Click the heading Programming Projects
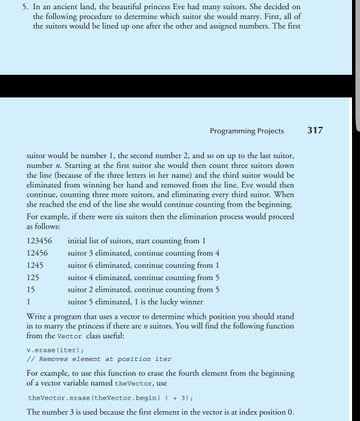coord(246,131)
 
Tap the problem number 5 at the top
coord(19,7)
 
